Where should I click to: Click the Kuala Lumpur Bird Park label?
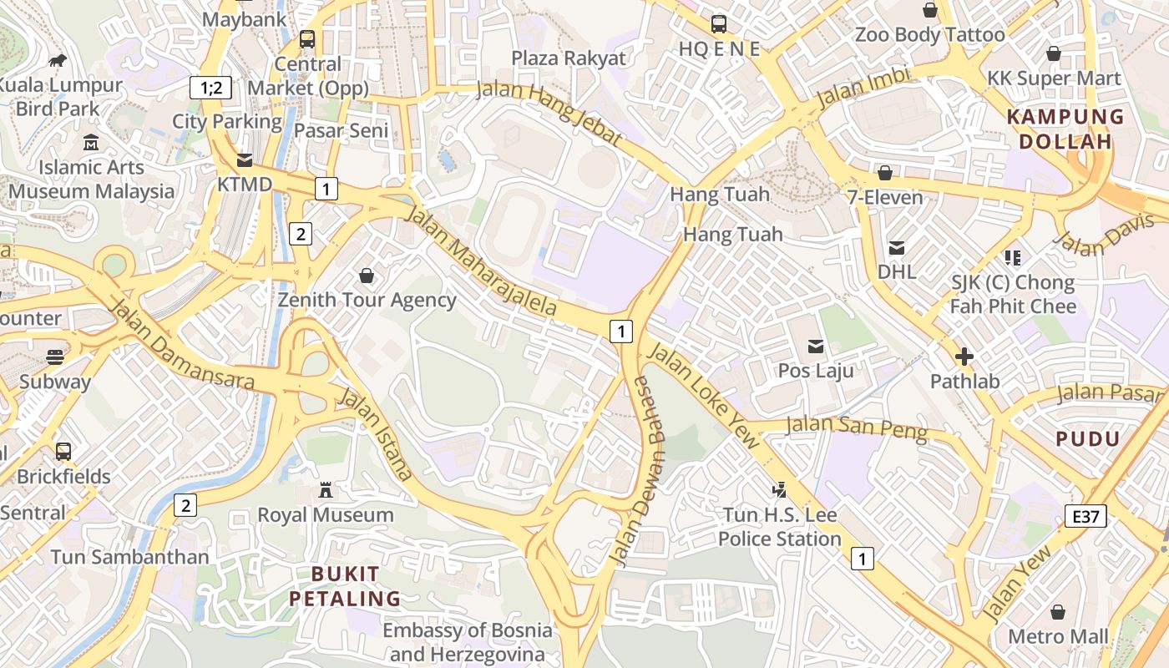(60, 97)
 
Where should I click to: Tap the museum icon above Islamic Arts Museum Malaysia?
(91, 143)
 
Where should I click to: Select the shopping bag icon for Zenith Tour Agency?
(366, 276)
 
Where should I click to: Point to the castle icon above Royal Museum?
(326, 490)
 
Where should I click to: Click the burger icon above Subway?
(55, 357)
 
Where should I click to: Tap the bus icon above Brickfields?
(63, 452)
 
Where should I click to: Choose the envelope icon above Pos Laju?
(815, 346)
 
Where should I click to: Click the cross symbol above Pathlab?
(964, 357)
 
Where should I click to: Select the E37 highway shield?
(1085, 516)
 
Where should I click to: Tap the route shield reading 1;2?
(210, 87)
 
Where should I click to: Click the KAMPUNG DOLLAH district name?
(1066, 129)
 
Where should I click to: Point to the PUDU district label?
(1088, 438)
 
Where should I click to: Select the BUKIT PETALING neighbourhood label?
(345, 586)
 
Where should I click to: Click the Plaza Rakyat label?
(568, 58)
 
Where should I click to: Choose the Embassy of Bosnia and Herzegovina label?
(468, 642)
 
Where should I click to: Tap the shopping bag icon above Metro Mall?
(1058, 612)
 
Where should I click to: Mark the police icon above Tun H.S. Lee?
(779, 490)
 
